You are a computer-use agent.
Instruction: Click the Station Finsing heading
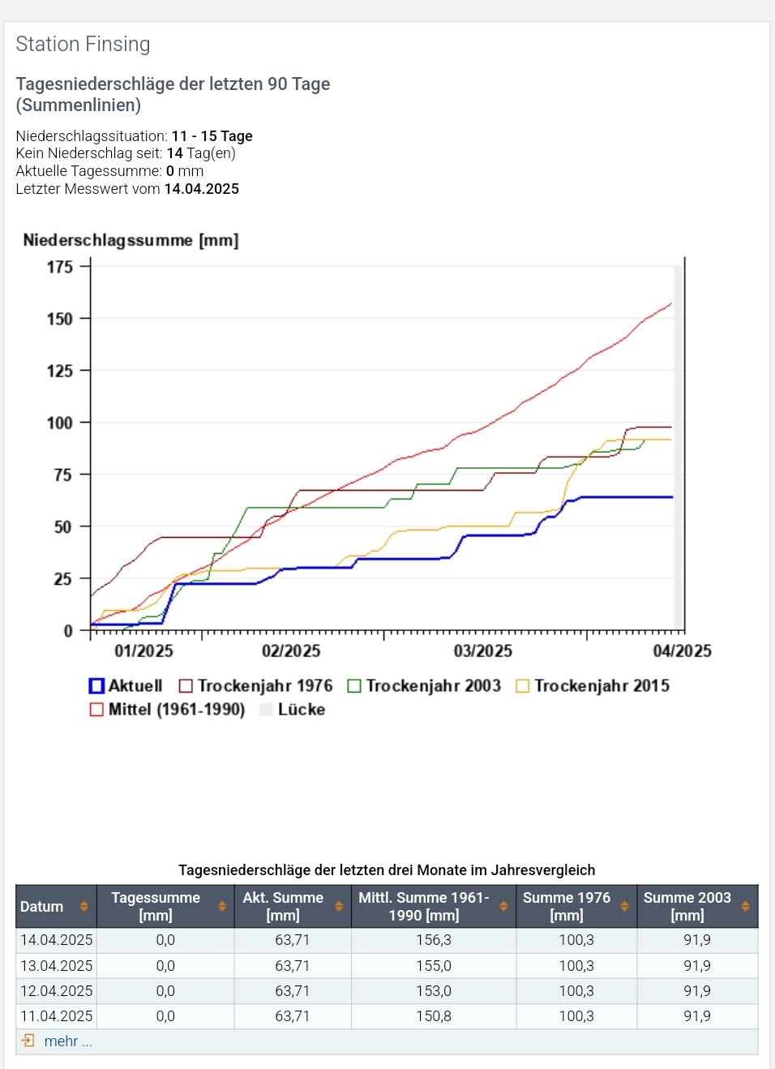tap(83, 44)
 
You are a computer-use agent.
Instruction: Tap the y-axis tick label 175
tap(59, 267)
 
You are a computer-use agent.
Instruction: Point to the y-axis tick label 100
tap(59, 423)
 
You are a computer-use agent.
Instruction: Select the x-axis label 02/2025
tap(290, 650)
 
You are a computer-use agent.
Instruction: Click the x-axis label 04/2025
tap(682, 650)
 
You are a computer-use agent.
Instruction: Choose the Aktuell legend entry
tap(126, 686)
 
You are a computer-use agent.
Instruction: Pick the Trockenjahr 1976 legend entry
tap(256, 686)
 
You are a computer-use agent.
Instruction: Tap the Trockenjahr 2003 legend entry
tap(425, 686)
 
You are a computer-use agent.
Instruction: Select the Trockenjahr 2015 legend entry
tap(593, 686)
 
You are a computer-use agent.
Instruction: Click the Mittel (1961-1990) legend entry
tap(168, 710)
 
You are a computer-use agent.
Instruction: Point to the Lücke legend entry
tap(293, 710)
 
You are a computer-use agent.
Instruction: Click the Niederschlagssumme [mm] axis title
tap(131, 240)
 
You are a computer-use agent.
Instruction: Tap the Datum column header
tap(42, 907)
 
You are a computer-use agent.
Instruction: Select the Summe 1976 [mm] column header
tap(566, 906)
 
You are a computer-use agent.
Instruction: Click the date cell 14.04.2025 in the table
tap(57, 940)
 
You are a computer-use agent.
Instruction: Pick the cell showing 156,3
tap(434, 940)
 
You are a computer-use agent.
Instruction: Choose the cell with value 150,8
tap(434, 1016)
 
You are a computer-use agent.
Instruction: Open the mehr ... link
tap(67, 1041)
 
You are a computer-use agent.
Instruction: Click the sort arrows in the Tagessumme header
tap(222, 907)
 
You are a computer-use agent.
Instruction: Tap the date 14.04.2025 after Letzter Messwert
tap(202, 189)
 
